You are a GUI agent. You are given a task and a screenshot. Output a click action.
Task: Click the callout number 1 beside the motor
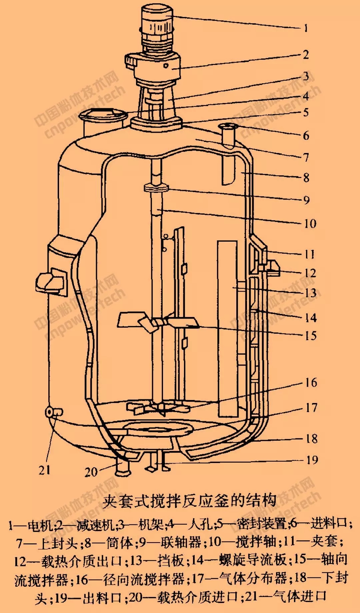point(306,28)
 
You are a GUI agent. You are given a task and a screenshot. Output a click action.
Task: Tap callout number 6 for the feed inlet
point(306,136)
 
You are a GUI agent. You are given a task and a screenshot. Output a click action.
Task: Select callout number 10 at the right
point(310,224)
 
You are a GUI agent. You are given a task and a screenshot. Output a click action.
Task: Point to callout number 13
point(310,293)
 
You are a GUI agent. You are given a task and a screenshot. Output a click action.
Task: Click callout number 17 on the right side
point(311,408)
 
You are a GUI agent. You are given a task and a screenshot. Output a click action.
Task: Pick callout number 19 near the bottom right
point(312,460)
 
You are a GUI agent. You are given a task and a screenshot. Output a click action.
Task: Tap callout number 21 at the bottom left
point(44,470)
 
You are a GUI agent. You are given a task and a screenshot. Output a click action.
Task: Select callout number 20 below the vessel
point(91,472)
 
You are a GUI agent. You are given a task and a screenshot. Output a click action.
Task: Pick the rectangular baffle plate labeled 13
point(228,328)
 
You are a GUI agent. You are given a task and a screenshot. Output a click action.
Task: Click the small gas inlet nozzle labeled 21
point(54,412)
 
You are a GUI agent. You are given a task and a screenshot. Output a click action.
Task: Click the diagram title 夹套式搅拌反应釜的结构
point(189,501)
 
